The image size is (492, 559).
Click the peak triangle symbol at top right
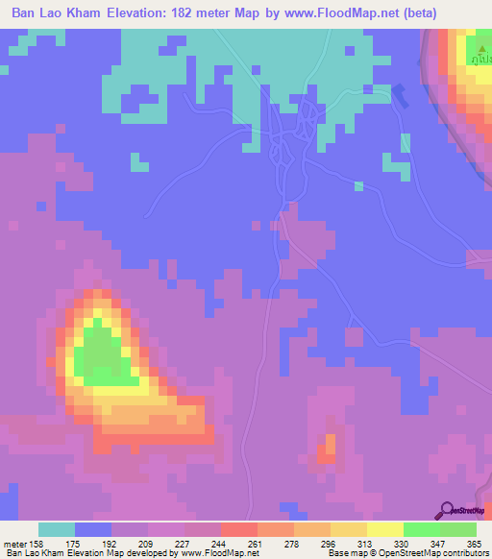pos(480,44)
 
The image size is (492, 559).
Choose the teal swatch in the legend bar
pos(57,529)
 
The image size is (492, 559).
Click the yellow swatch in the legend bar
pos(384,529)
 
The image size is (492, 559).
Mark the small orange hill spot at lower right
pos(330,444)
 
